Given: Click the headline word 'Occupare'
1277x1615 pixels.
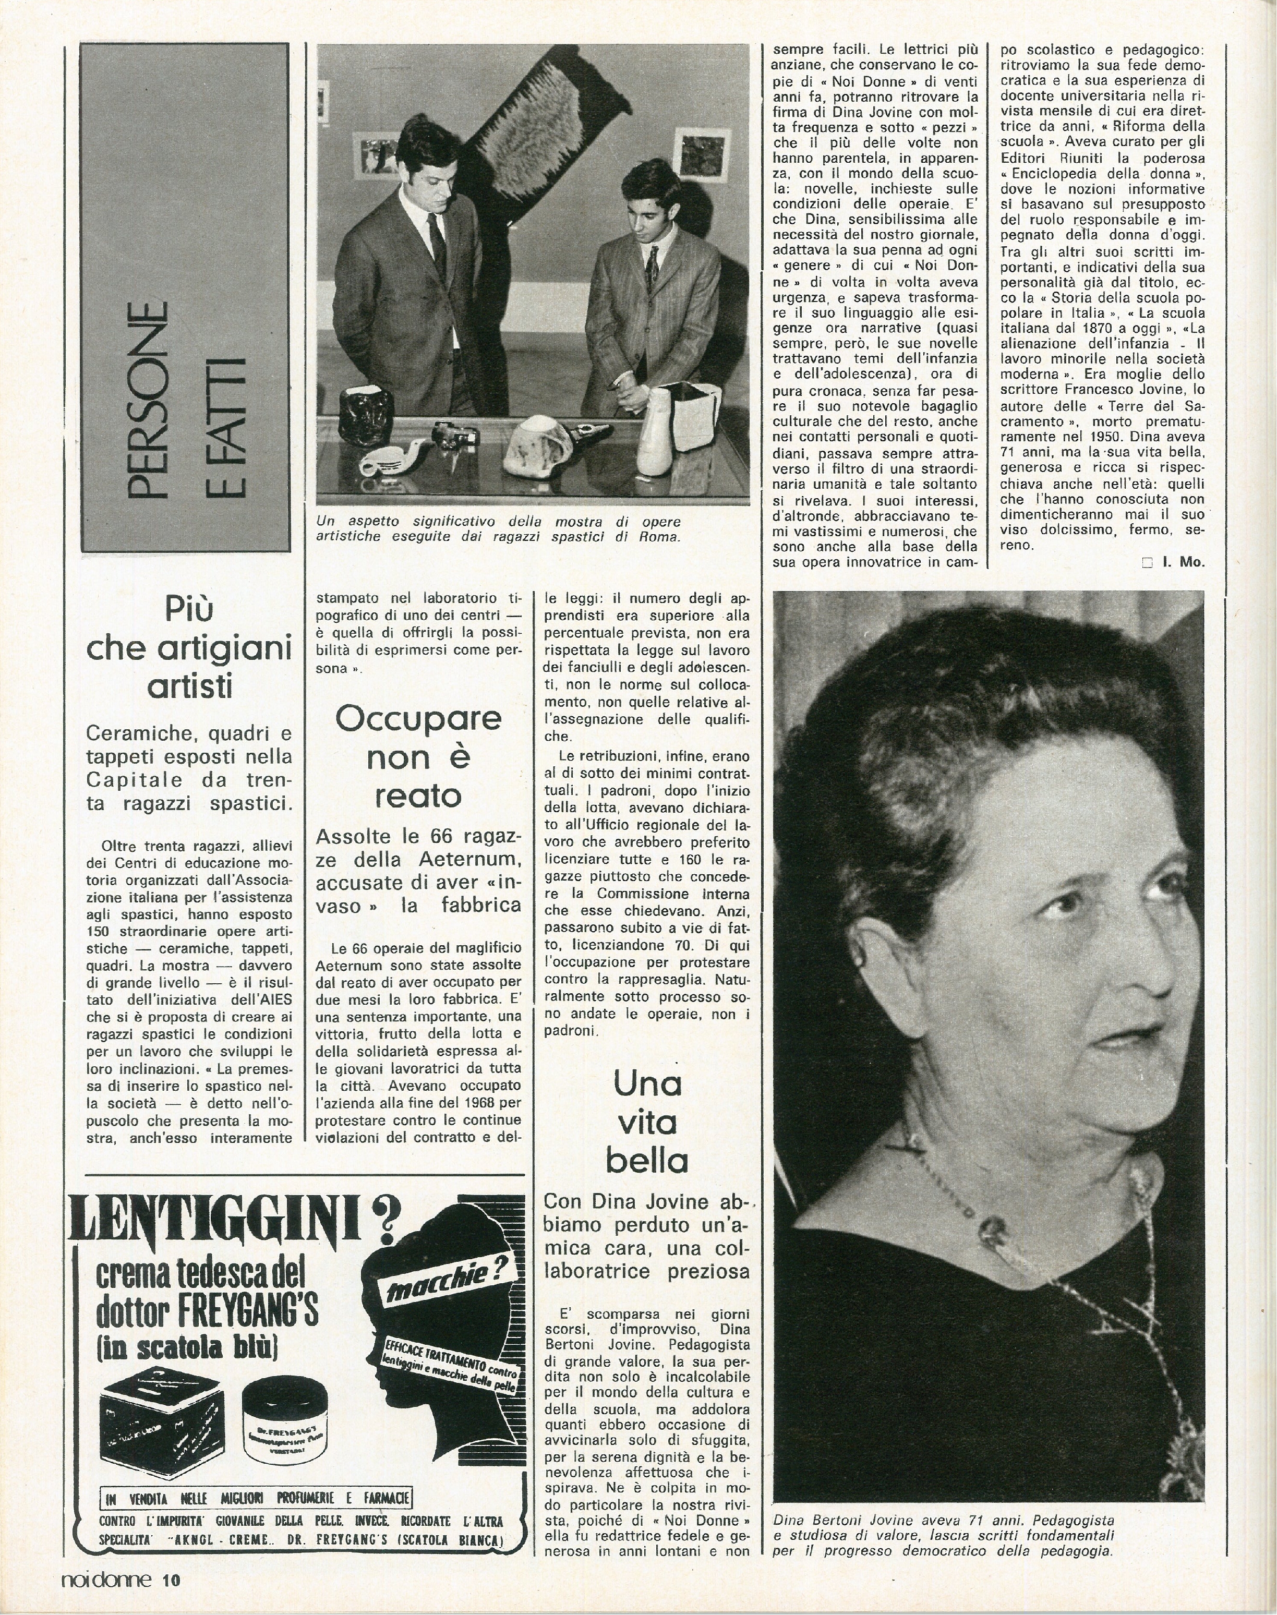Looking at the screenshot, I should tap(418, 719).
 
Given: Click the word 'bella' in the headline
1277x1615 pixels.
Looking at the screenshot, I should tap(647, 1161).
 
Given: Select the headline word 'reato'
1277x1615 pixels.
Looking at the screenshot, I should tap(418, 796).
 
